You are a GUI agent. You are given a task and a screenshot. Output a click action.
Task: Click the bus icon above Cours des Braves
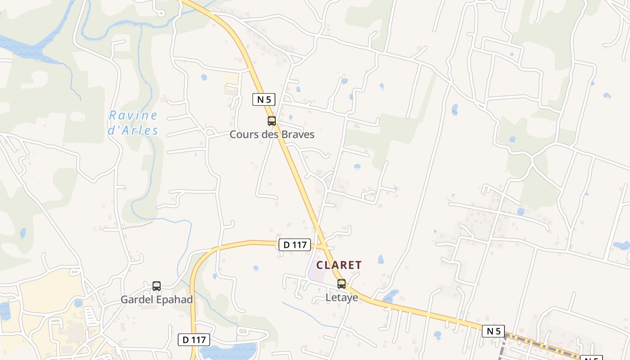(x=272, y=121)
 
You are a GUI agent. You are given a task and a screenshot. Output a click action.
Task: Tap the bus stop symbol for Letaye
(x=342, y=284)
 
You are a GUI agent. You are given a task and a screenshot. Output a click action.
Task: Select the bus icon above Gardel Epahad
(x=157, y=286)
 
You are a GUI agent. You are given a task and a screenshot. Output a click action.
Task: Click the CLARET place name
(x=339, y=265)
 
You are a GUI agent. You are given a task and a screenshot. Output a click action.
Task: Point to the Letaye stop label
(x=342, y=297)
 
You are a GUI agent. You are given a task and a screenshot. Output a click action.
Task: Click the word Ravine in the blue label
(x=133, y=116)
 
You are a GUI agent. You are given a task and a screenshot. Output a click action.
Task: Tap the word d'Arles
(x=133, y=130)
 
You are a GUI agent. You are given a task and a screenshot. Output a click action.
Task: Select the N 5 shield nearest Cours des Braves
(x=264, y=99)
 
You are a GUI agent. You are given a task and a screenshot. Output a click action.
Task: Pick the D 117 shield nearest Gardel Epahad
(x=194, y=340)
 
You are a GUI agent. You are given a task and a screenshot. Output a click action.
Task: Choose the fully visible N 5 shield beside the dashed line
(x=493, y=331)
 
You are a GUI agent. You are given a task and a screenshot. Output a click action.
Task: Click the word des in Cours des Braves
(x=267, y=135)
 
